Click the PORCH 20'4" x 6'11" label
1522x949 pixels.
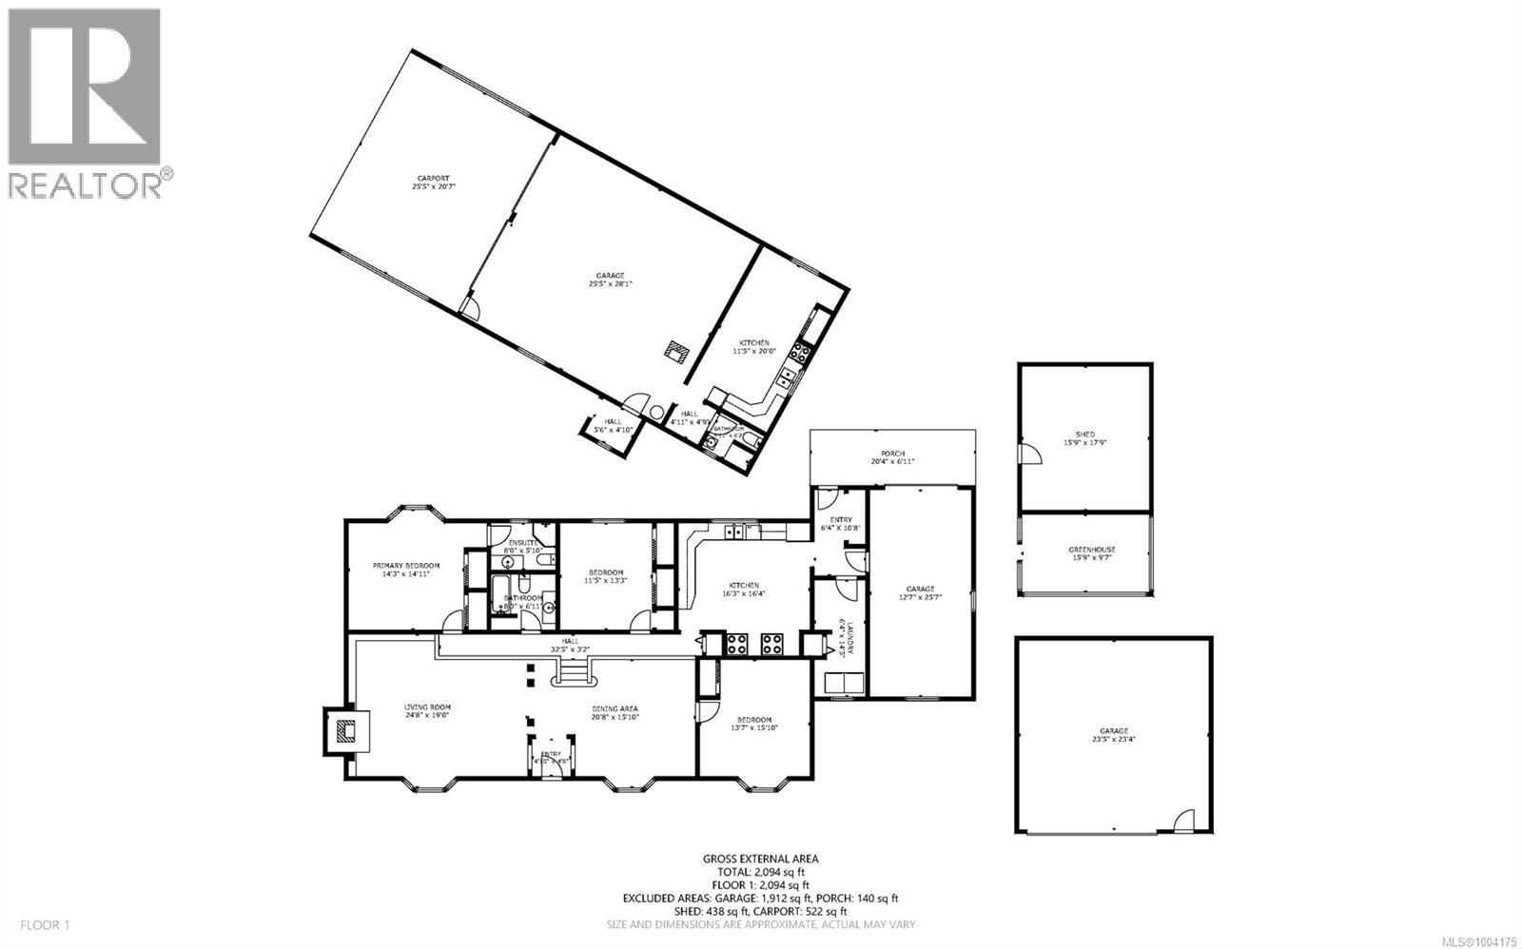(x=892, y=456)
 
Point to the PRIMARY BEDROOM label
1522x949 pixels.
(x=406, y=570)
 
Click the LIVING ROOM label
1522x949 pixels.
(x=427, y=711)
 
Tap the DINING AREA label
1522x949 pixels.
(x=614, y=711)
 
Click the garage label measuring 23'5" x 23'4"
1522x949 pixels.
(x=1114, y=734)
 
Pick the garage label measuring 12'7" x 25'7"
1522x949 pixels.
(x=920, y=592)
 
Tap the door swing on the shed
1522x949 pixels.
(x=1025, y=455)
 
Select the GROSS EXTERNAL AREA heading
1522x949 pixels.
(x=760, y=859)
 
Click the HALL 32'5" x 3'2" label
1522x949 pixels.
(x=570, y=646)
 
